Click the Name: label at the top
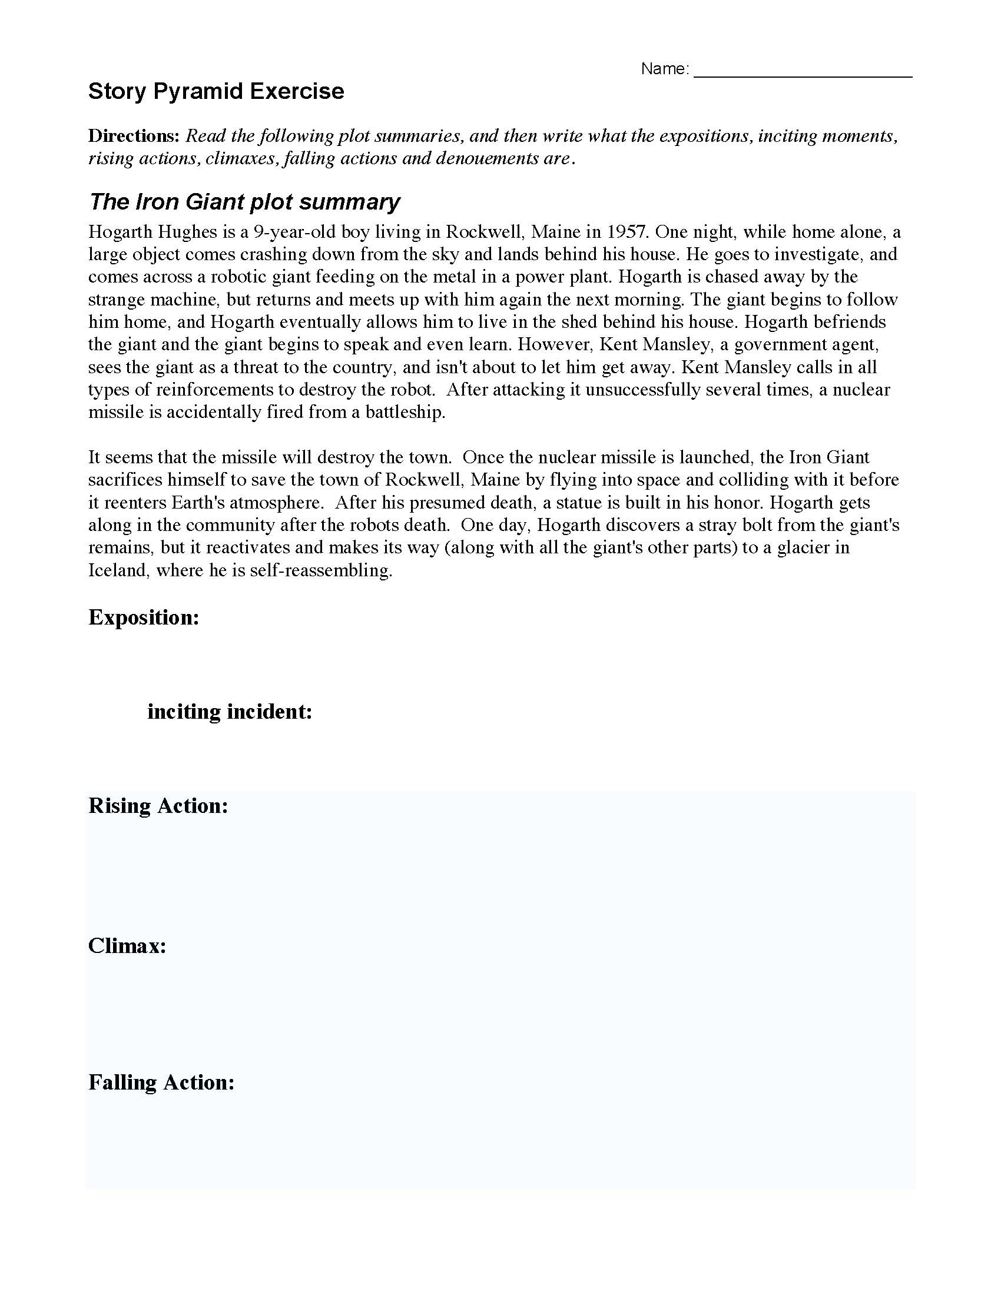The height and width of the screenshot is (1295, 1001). coord(664,69)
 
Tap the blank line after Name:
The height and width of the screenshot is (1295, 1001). coord(802,71)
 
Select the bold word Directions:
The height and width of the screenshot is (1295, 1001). coord(134,136)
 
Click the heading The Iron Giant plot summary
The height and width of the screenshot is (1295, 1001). coord(244,202)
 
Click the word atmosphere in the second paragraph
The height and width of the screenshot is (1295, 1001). coord(270,502)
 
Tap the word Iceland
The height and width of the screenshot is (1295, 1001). coord(117,570)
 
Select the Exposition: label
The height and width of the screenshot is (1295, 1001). coord(144,617)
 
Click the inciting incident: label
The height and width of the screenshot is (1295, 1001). coord(230,711)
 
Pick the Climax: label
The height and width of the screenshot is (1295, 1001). coord(127,945)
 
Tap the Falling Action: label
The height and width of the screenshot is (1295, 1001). coord(161,1082)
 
